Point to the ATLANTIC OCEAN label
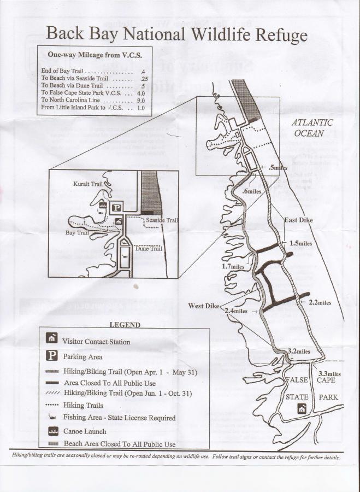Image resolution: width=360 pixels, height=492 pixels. point(311,128)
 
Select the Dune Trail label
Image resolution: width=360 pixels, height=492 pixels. point(149,249)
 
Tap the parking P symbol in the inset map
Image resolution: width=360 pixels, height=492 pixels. point(117,207)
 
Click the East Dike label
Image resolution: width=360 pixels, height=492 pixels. point(298,220)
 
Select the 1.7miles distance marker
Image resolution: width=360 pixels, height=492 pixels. point(233,266)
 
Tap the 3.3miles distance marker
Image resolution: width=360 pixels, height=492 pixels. point(329,374)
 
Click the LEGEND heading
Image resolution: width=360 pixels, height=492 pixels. point(125,324)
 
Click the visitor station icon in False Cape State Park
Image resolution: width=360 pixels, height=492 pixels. point(300,408)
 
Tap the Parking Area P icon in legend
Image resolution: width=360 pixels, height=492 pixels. point(51,355)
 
